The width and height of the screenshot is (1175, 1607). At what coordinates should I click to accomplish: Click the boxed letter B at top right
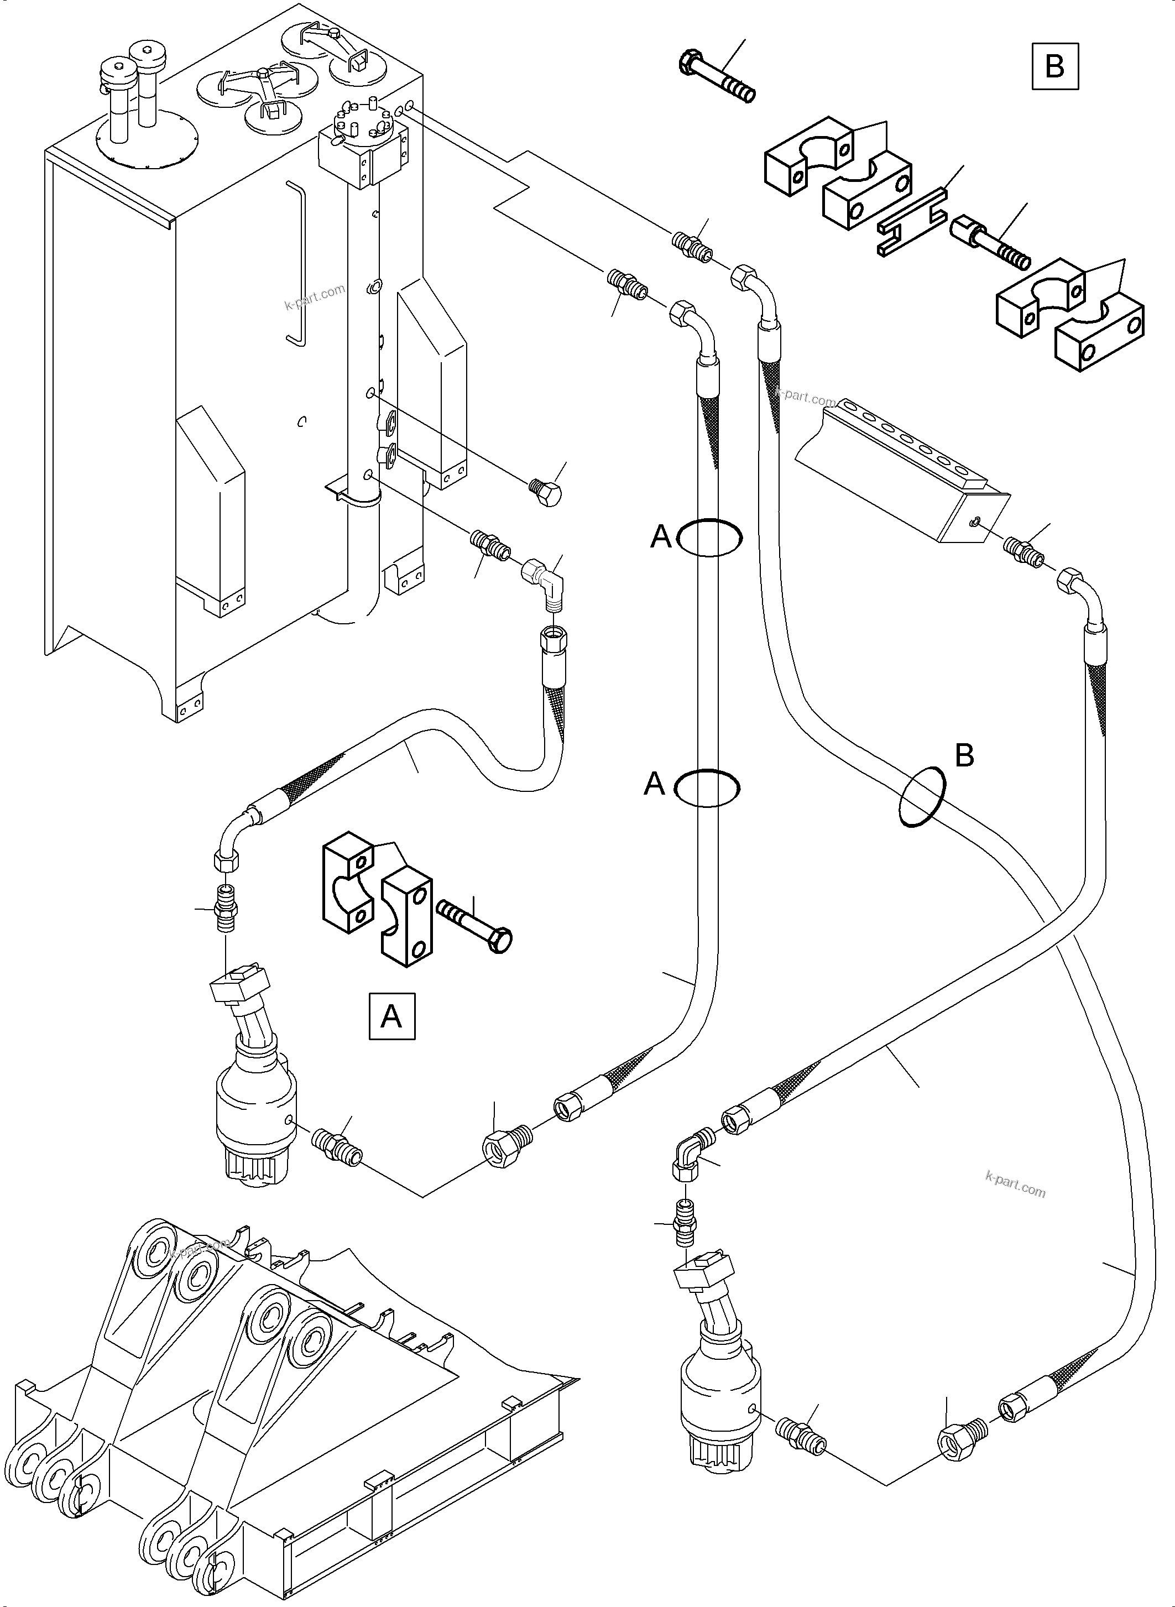pos(1055,67)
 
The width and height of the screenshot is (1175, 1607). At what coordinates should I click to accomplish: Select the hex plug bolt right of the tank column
pos(546,492)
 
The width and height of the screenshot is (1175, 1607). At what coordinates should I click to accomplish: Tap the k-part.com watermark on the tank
pos(315,298)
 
